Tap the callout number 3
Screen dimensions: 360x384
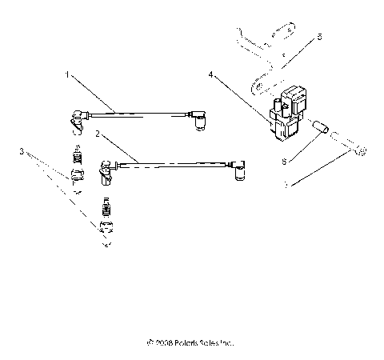pos(22,150)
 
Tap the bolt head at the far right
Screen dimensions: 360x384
pos(361,151)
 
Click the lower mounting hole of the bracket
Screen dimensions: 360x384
pos(258,82)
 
